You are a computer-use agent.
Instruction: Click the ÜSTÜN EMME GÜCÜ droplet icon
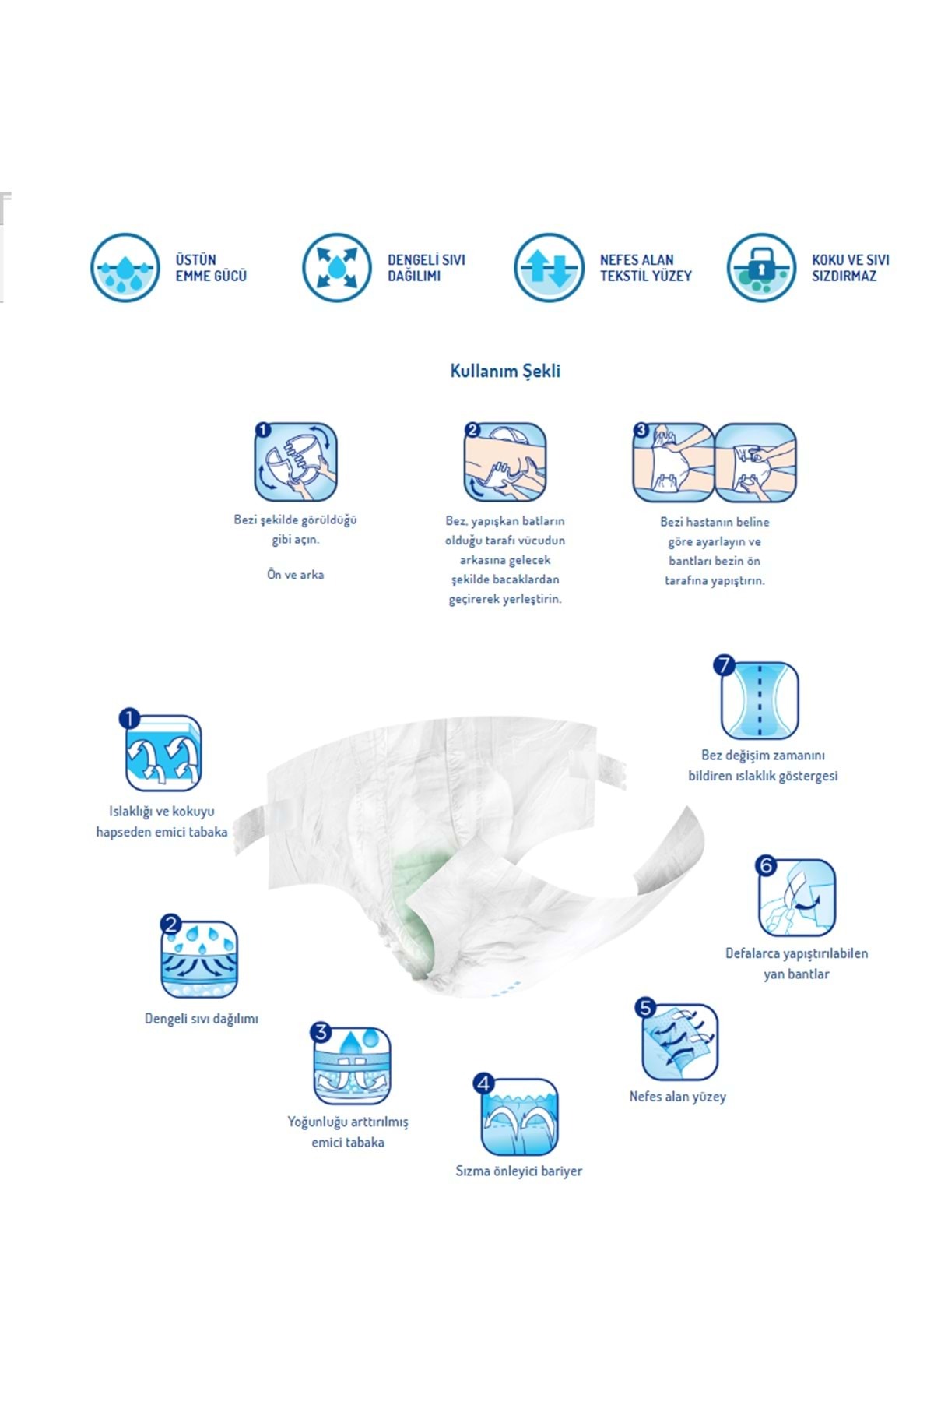pos(125,267)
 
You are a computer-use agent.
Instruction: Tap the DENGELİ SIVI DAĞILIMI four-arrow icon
pos(336,267)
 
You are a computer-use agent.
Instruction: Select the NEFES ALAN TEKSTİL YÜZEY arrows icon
pos(549,267)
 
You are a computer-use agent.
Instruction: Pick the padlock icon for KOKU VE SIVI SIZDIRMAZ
pos(761,267)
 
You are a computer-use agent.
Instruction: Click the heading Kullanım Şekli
pos(505,371)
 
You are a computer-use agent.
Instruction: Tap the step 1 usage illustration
pos(296,462)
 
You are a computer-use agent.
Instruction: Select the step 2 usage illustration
pos(505,462)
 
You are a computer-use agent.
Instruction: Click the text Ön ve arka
pos(295,574)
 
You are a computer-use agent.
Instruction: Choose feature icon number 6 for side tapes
pos(796,897)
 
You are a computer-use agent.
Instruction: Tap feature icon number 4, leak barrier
pos(518,1116)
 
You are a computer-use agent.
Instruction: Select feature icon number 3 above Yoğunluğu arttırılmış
pos(351,1065)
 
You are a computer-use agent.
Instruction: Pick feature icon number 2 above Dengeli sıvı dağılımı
pos(198,958)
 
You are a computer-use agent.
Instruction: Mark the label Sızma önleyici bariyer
pos(518,1171)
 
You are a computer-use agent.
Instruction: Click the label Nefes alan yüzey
pos(678,1096)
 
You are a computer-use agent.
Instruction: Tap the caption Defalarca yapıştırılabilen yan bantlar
pos(796,963)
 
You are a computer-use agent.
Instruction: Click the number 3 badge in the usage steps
pos(641,430)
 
